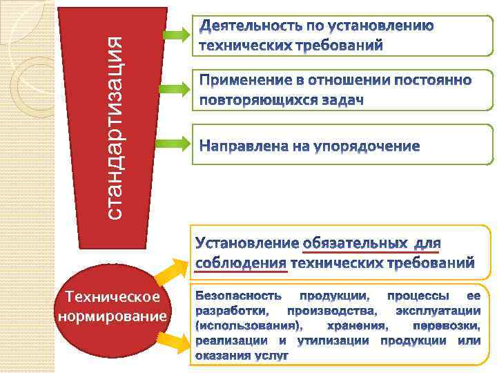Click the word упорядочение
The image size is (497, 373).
(366, 146)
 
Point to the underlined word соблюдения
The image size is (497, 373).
(242, 262)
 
